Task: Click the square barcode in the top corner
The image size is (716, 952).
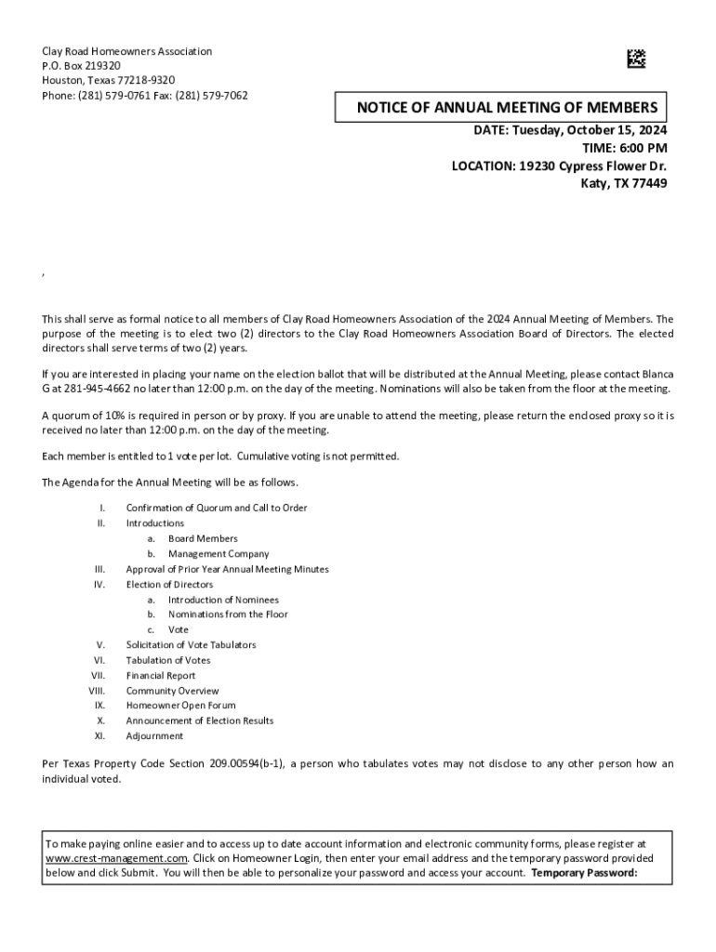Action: (635, 59)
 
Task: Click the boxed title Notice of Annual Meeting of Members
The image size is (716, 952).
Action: (507, 108)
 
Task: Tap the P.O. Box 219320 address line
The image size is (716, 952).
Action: (82, 66)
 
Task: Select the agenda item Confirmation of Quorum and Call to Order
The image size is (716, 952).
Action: (217, 508)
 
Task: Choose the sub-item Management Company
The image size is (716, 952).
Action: (219, 554)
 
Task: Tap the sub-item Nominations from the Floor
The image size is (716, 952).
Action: (228, 615)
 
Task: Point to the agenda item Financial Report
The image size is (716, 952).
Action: (161, 676)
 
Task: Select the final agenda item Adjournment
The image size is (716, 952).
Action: (155, 736)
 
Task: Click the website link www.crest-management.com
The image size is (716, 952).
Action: (117, 858)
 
